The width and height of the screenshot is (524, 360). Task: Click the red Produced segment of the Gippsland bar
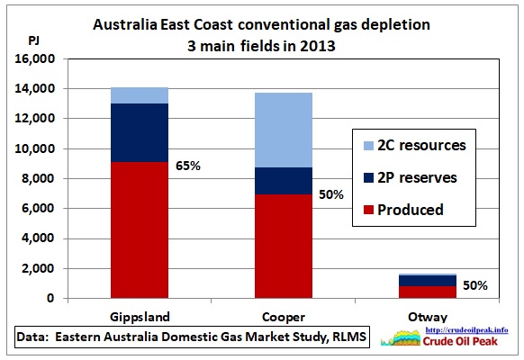pyautogui.click(x=140, y=230)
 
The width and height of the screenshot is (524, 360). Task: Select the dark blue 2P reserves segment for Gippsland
pyautogui.click(x=140, y=133)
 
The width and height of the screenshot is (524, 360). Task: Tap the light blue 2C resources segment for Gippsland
pyautogui.click(x=140, y=95)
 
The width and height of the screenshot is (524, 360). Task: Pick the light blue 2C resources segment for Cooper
pyautogui.click(x=284, y=130)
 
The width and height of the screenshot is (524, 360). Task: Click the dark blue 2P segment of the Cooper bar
pyautogui.click(x=284, y=181)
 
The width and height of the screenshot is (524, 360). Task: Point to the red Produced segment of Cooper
pyautogui.click(x=284, y=247)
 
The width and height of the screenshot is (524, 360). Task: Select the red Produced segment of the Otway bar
pyautogui.click(x=428, y=292)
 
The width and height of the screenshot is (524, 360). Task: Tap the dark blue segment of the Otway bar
pyautogui.click(x=428, y=281)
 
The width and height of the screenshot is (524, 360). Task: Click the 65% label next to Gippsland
pyautogui.click(x=188, y=166)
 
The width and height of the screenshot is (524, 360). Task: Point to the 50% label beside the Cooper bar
pyautogui.click(x=331, y=194)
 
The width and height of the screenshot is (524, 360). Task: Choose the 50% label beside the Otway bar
pyautogui.click(x=475, y=285)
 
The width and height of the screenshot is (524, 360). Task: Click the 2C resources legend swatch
pyautogui.click(x=368, y=146)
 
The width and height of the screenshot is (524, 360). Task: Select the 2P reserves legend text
pyautogui.click(x=417, y=177)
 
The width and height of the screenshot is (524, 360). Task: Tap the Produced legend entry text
pyautogui.click(x=411, y=210)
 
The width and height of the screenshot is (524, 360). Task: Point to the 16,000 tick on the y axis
pyautogui.click(x=35, y=58)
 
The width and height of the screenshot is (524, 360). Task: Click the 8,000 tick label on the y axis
pyautogui.click(x=38, y=178)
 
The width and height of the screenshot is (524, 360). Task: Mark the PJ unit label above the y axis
pyautogui.click(x=33, y=40)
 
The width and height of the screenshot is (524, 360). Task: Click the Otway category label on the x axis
pyautogui.click(x=428, y=317)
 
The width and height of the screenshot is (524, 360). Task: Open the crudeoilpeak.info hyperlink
pyautogui.click(x=467, y=330)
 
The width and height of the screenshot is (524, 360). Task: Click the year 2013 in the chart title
pyautogui.click(x=318, y=46)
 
